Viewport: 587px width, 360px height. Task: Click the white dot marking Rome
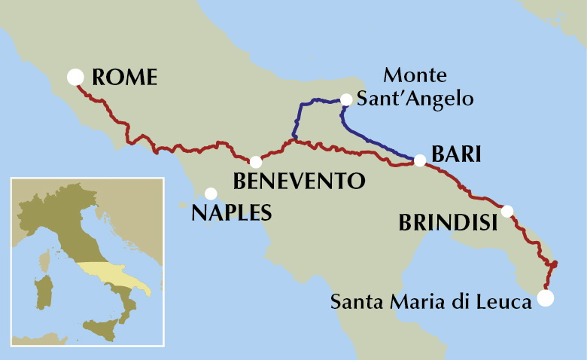point(75,77)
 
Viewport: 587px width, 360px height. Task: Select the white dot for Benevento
point(256,162)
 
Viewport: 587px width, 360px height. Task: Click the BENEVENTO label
point(299,182)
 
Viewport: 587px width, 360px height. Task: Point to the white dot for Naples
point(211,194)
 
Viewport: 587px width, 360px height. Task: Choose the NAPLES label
point(231,212)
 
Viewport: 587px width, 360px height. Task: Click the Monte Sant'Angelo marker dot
point(346,99)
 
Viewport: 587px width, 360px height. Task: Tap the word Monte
point(415,76)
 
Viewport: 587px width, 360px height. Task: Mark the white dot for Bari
point(420,160)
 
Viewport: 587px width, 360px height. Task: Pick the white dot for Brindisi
point(508,211)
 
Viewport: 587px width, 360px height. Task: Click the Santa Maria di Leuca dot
point(546,298)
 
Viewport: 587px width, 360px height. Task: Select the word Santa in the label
point(352,302)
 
